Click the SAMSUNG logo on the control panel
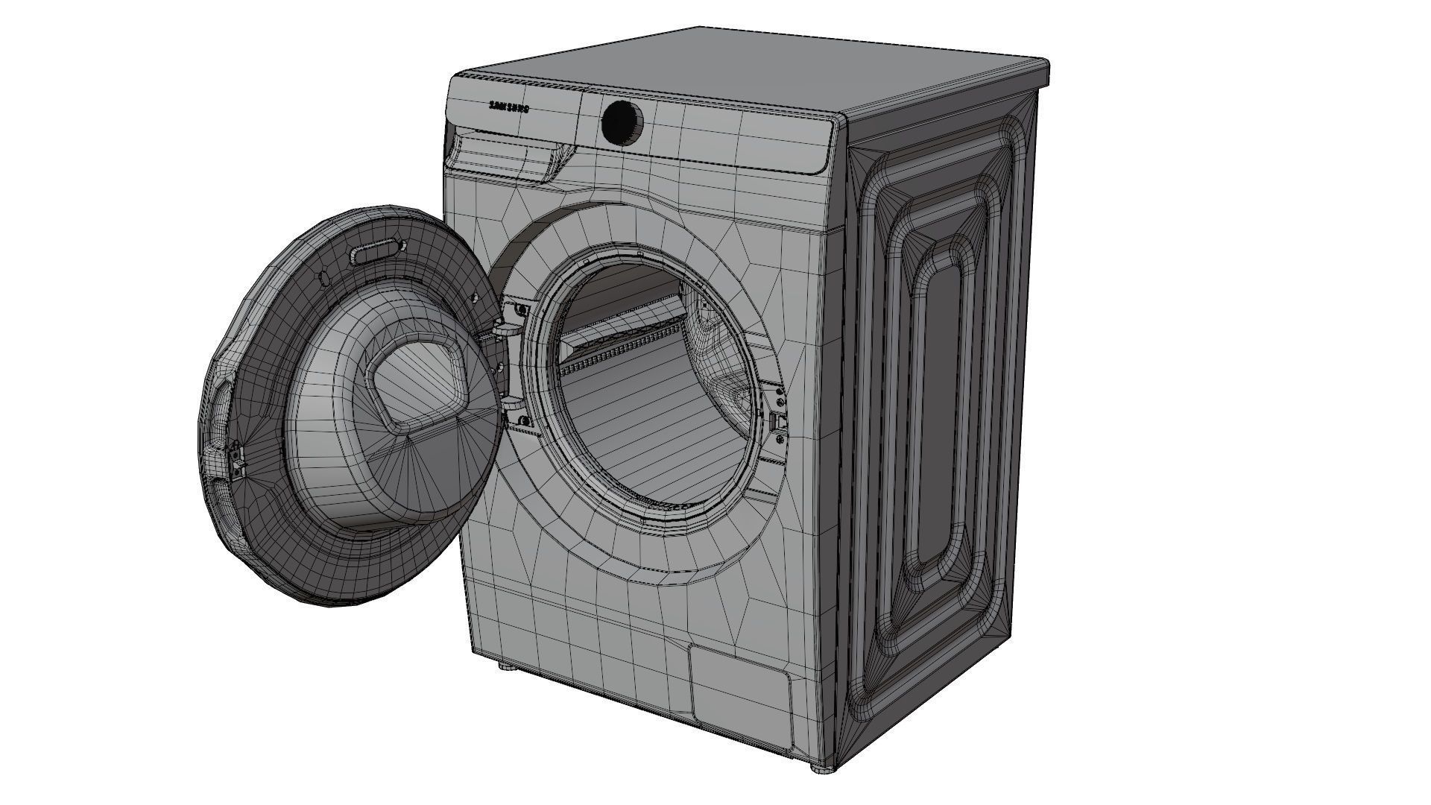tap(509, 107)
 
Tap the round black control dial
tap(622, 123)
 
